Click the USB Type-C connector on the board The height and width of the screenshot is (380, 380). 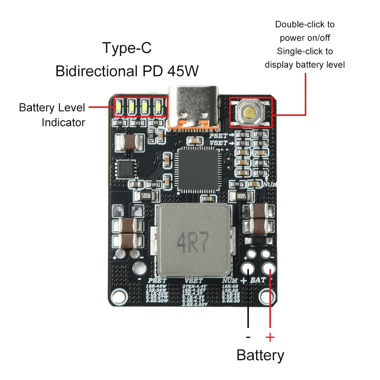[x=194, y=107]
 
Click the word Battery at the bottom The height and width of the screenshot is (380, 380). [x=260, y=355]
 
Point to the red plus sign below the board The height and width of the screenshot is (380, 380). [x=270, y=337]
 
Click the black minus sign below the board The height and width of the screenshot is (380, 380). [x=248, y=337]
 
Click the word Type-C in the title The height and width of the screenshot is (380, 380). [x=127, y=48]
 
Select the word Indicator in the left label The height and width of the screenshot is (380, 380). [x=63, y=123]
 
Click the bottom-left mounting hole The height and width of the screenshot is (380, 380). [x=121, y=295]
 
